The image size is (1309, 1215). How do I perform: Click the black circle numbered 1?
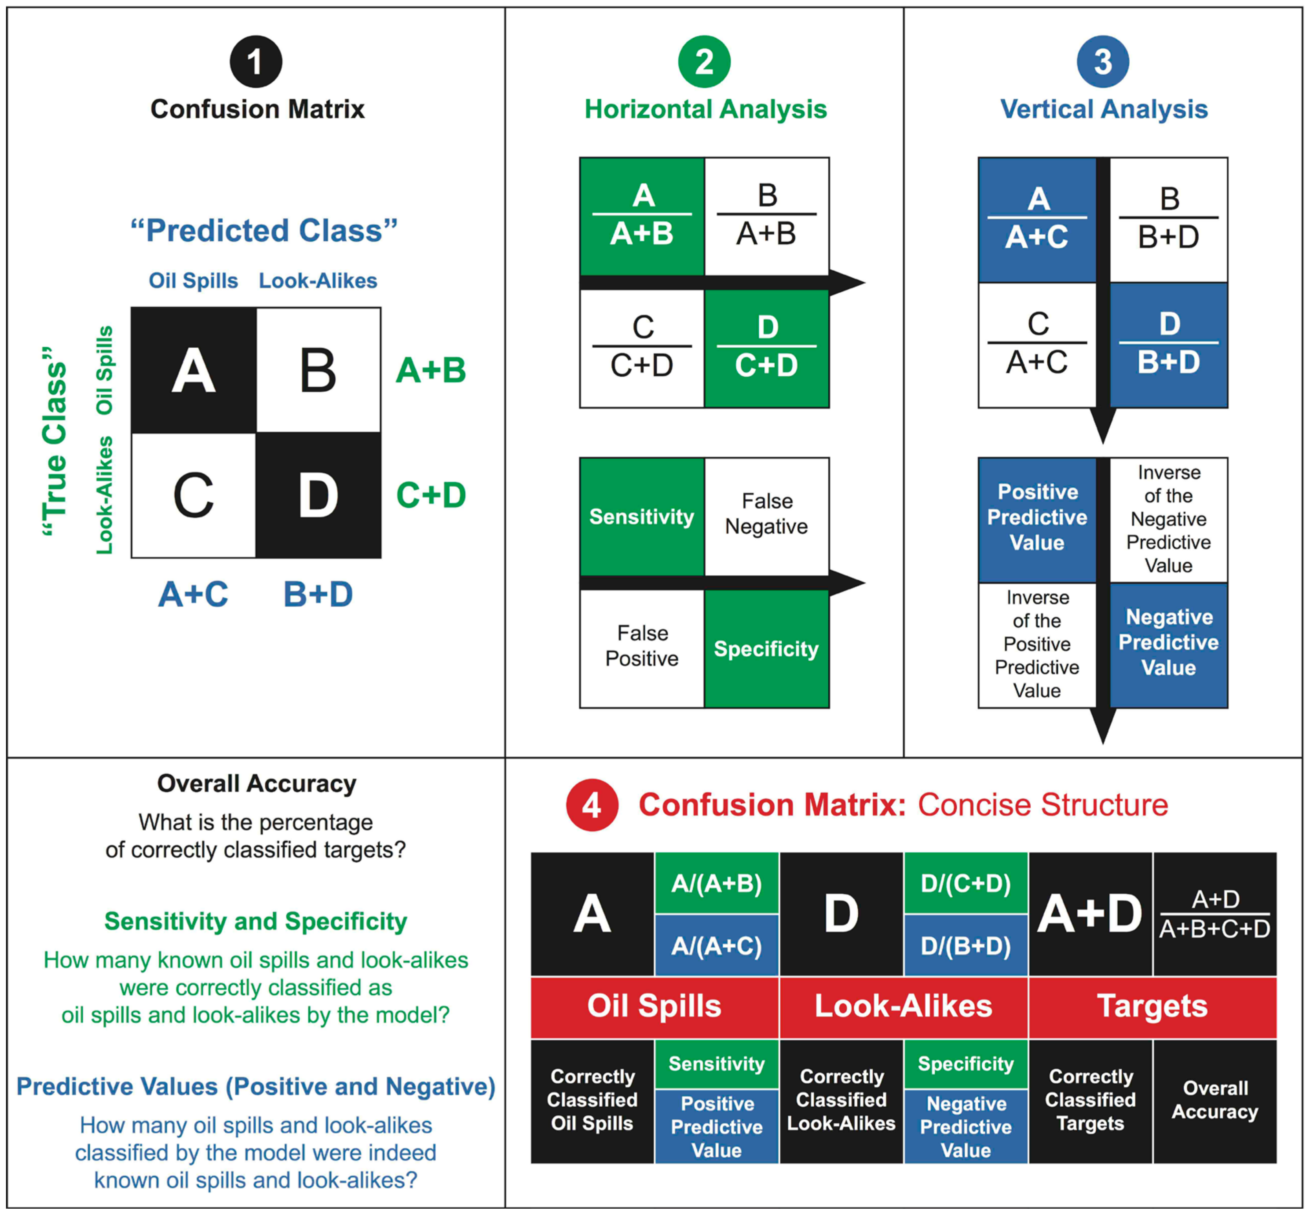pos(256,62)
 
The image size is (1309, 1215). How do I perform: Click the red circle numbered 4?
pos(592,805)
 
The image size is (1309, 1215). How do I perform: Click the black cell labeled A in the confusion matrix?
pos(193,370)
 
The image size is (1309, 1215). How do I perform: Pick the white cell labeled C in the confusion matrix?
pos(193,495)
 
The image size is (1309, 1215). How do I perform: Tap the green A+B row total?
pos(431,370)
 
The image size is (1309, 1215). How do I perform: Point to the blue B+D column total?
pos(319,594)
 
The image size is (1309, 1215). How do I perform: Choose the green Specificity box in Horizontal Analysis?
pos(766,649)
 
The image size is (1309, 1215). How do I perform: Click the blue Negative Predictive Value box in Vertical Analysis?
pos(1168,642)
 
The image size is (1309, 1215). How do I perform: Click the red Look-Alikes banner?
pos(903,1006)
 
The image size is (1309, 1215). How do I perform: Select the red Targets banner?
pos(1152,1006)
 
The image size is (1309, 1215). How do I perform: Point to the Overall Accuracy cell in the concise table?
pos(1214,1100)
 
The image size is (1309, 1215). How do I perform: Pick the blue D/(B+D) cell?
pos(966,945)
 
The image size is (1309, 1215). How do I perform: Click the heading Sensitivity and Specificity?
pos(256,921)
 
